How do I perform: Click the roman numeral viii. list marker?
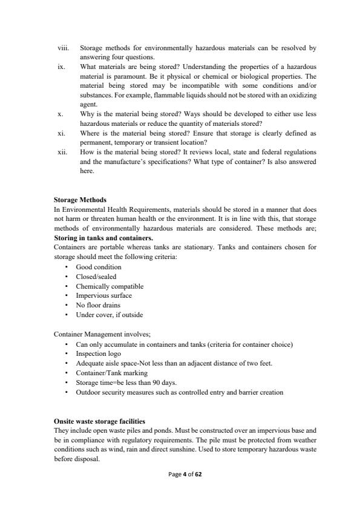point(62,47)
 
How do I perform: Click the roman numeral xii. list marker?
point(62,154)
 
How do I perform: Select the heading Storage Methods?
point(80,200)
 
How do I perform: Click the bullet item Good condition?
point(98,267)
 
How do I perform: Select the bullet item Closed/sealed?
point(96,277)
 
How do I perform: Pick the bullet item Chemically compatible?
point(110,286)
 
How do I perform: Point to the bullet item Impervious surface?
point(103,295)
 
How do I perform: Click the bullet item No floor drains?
point(99,305)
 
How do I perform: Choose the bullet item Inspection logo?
point(98,353)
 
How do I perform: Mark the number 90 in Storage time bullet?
point(148,383)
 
